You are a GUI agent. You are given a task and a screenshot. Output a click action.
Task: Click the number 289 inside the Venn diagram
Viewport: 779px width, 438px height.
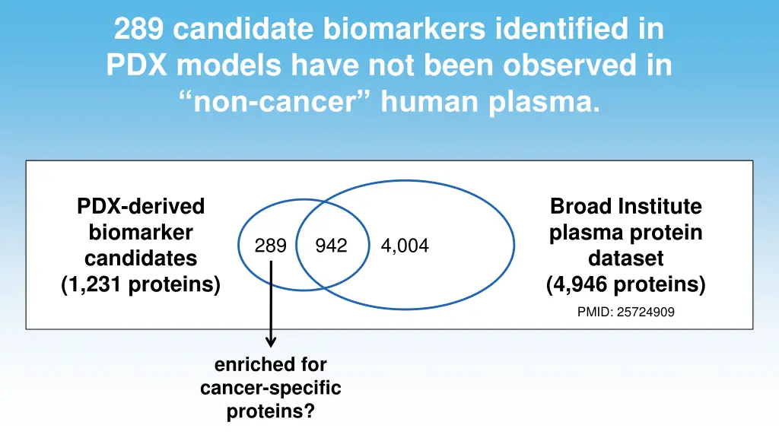point(271,246)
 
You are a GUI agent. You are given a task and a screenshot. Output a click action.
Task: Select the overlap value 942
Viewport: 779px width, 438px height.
point(331,246)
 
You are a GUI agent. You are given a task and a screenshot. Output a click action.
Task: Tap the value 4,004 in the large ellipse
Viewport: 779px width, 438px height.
point(405,246)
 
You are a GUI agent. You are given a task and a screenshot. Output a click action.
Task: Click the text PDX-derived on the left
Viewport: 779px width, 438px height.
point(141,206)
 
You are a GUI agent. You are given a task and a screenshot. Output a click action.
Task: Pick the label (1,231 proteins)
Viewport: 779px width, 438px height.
point(141,285)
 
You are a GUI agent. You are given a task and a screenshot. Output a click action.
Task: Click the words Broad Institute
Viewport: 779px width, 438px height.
point(625,206)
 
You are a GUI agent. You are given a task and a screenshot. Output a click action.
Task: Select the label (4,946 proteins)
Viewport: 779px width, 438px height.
point(625,285)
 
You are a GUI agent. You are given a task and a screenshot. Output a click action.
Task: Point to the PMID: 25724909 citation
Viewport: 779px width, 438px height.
point(625,312)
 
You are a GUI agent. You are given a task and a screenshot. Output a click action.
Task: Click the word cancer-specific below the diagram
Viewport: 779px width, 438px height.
point(270,389)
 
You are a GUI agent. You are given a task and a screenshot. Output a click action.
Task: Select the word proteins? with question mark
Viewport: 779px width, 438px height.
point(270,412)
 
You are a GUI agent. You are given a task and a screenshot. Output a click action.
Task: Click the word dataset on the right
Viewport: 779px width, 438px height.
point(625,259)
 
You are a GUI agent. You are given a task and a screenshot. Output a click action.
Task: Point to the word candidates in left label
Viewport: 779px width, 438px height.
point(141,259)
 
